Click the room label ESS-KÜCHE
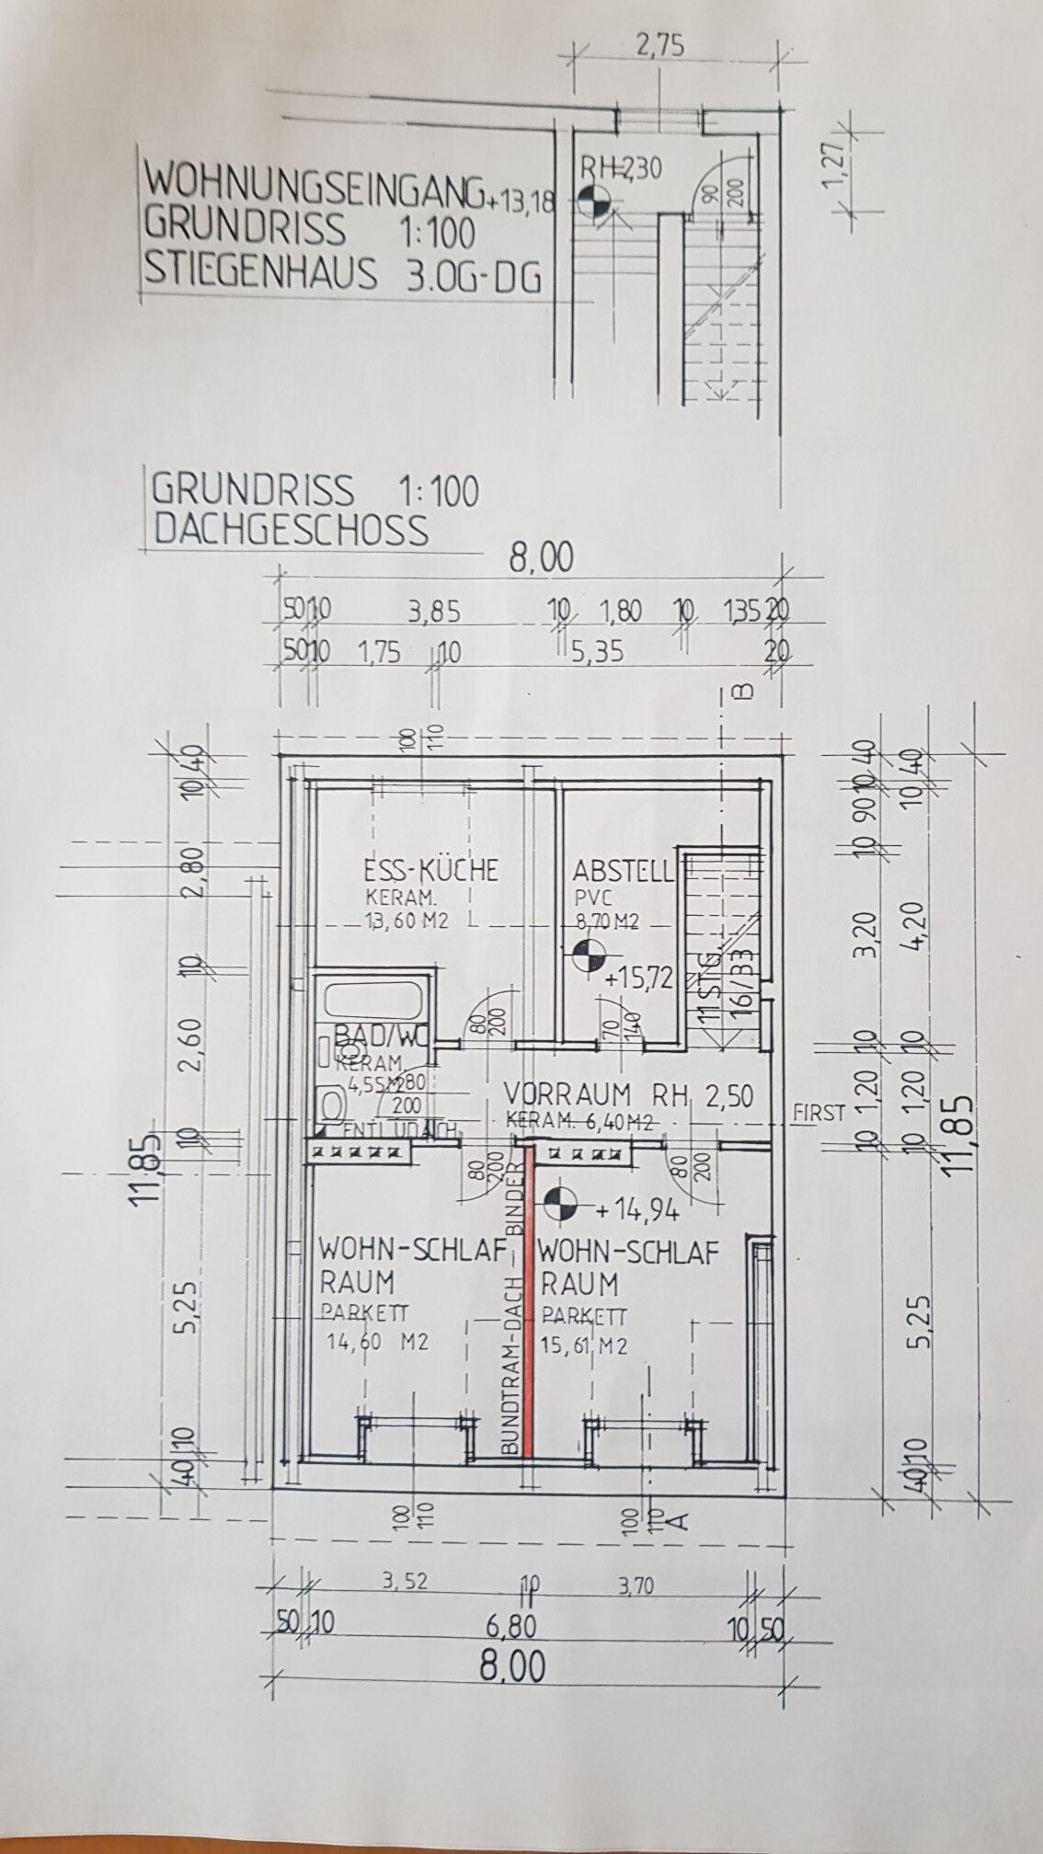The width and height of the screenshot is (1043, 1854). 430,870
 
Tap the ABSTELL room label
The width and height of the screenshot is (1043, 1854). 624,871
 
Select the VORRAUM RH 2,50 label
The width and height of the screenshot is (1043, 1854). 629,1095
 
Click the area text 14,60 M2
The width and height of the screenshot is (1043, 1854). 377,1342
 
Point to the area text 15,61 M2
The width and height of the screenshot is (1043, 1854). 584,1345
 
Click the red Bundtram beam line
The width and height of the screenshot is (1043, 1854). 528,1306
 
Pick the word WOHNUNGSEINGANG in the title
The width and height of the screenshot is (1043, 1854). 313,184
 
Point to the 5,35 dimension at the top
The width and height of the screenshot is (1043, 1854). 597,652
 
